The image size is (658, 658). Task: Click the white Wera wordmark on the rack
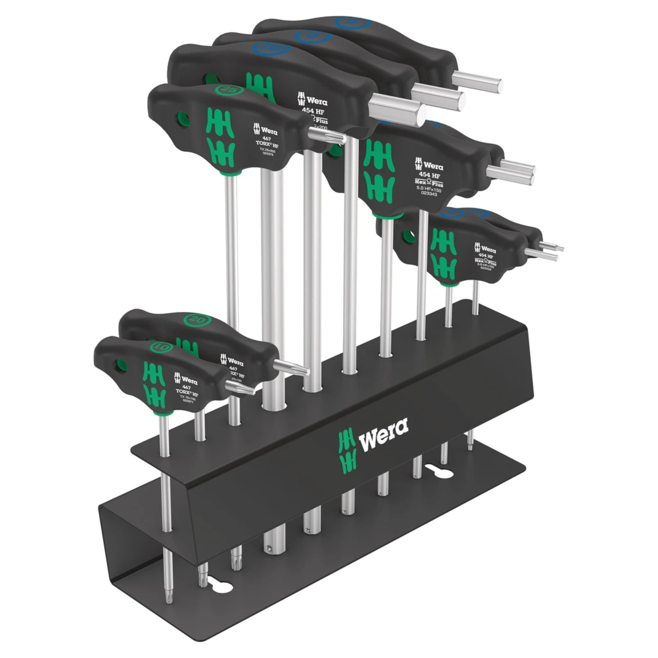click(x=384, y=436)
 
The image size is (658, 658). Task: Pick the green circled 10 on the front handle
click(x=161, y=347)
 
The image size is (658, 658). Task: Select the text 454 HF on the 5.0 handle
click(x=429, y=175)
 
